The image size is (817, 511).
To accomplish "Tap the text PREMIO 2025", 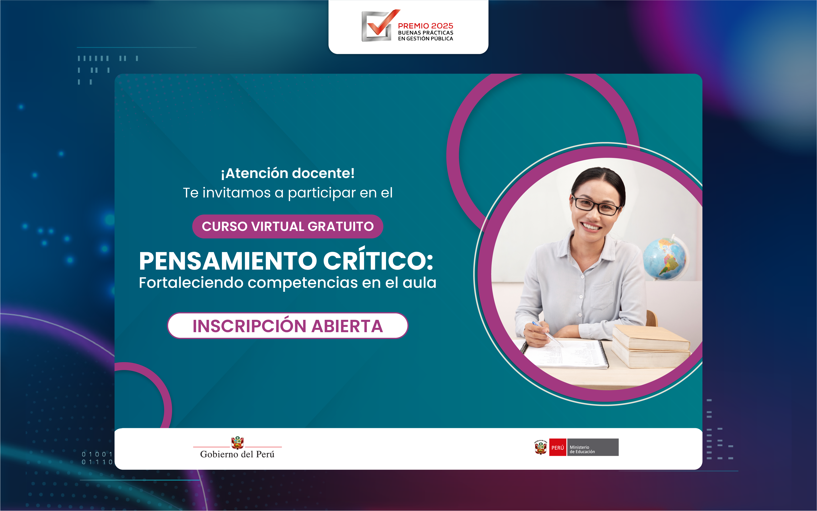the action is tap(425, 26).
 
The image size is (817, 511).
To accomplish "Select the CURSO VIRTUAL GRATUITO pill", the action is tap(288, 227).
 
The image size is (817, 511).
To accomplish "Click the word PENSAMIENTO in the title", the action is tap(228, 261).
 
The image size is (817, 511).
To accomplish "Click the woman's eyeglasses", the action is tap(596, 205).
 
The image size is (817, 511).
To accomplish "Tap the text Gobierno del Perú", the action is tap(237, 454).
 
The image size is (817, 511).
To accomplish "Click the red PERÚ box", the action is tap(557, 447).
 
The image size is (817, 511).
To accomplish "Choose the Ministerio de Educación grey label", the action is tap(593, 447).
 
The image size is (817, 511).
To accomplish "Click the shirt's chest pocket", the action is tap(602, 295).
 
